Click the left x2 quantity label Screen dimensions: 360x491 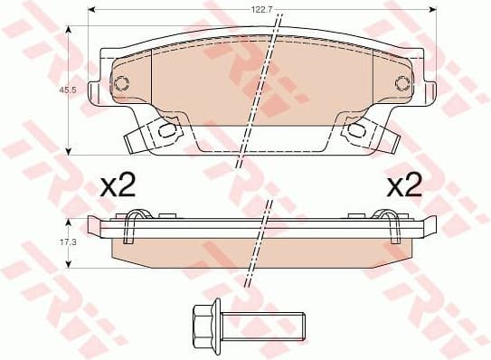117,186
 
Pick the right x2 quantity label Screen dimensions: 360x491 404,186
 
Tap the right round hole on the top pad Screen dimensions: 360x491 402,84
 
